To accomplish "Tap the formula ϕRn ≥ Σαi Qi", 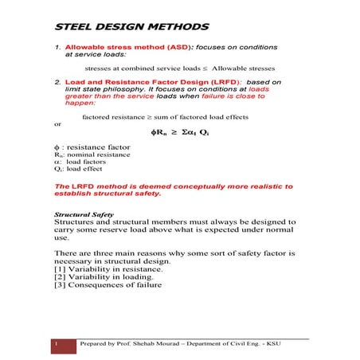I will pyautogui.click(x=179, y=131).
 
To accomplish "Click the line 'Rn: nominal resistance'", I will pyautogui.click(x=85, y=155).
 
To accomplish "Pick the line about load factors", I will pyautogui.click(x=76, y=162).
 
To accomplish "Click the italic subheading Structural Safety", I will pyautogui.click(x=84, y=215).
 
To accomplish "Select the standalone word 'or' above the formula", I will pyautogui.click(x=57, y=123).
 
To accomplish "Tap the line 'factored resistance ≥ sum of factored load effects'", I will pyautogui.click(x=166, y=116).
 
